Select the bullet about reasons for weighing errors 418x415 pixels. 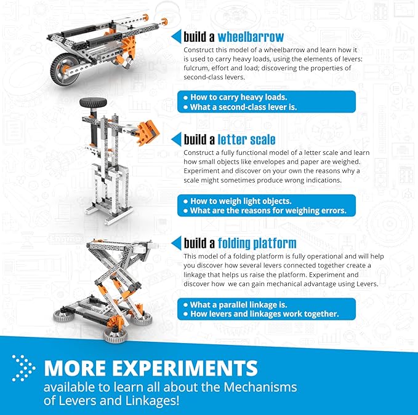[268, 211]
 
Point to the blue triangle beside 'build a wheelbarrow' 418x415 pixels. [177, 36]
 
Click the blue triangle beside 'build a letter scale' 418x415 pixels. [177, 138]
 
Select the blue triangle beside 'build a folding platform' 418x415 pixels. [177, 242]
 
